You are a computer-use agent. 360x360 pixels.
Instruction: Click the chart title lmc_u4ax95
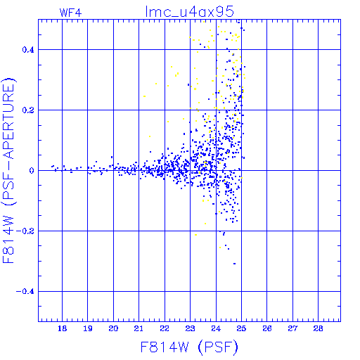click(x=190, y=12)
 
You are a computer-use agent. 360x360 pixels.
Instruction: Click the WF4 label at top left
click(x=71, y=13)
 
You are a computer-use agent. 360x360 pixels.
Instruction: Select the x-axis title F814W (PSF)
click(x=189, y=347)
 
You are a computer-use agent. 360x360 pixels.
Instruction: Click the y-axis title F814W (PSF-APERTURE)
click(x=9, y=171)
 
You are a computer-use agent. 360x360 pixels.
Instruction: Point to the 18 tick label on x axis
click(x=62, y=328)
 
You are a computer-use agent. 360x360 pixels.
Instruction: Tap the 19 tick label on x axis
click(x=88, y=328)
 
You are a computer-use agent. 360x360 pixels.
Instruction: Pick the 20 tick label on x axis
click(x=113, y=328)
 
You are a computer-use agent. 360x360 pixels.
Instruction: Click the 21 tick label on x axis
click(x=139, y=328)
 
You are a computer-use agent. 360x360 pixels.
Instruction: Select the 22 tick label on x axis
click(x=165, y=328)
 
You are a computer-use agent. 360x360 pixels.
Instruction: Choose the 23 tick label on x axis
click(x=190, y=328)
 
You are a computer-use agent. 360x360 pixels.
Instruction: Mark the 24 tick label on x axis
click(x=216, y=328)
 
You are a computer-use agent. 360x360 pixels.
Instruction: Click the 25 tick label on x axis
click(x=241, y=328)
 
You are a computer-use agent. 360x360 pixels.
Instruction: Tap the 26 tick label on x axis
click(x=267, y=328)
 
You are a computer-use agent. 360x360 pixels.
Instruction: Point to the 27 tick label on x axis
click(x=292, y=328)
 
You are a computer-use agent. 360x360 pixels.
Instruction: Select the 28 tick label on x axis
click(x=318, y=328)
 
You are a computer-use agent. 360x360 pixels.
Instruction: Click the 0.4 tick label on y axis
click(x=28, y=50)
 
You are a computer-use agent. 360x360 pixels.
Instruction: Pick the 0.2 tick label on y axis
click(x=28, y=110)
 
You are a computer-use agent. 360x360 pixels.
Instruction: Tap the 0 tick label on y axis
click(x=32, y=171)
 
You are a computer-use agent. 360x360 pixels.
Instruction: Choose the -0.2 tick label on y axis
click(x=25, y=231)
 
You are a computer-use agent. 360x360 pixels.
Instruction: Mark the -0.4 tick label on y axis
click(x=25, y=292)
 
